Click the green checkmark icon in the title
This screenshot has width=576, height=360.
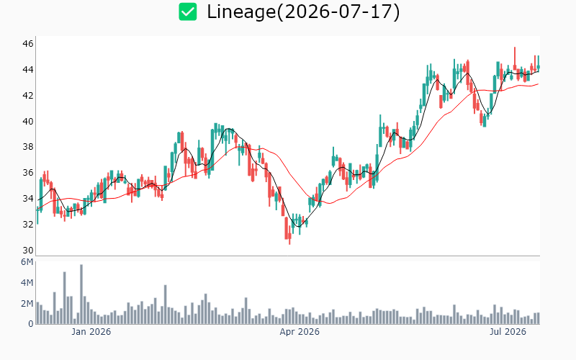pyautogui.click(x=188, y=12)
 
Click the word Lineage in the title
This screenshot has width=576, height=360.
pyautogui.click(x=241, y=12)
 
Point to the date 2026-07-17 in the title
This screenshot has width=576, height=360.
pyautogui.click(x=338, y=12)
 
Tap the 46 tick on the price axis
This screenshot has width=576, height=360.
pyautogui.click(x=28, y=44)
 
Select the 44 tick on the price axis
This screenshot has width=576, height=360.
pyautogui.click(x=28, y=69)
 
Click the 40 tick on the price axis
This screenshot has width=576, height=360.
pyautogui.click(x=28, y=121)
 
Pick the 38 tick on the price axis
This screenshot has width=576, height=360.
pyautogui.click(x=28, y=147)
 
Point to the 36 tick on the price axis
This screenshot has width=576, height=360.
pyautogui.click(x=28, y=173)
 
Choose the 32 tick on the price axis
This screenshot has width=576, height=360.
pyautogui.click(x=28, y=225)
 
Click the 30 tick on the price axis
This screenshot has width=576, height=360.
pyautogui.click(x=28, y=251)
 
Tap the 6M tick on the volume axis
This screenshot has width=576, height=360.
pyautogui.click(x=27, y=262)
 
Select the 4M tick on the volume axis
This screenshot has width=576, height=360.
pyautogui.click(x=27, y=282)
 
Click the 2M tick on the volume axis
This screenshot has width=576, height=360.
pyautogui.click(x=27, y=303)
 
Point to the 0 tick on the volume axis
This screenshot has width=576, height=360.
pyautogui.click(x=31, y=324)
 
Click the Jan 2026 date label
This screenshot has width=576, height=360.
pyautogui.click(x=91, y=332)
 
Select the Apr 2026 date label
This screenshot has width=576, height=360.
pyautogui.click(x=300, y=332)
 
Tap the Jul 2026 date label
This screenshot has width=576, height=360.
pyautogui.click(x=508, y=332)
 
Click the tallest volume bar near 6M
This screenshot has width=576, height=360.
pyautogui.click(x=81, y=294)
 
